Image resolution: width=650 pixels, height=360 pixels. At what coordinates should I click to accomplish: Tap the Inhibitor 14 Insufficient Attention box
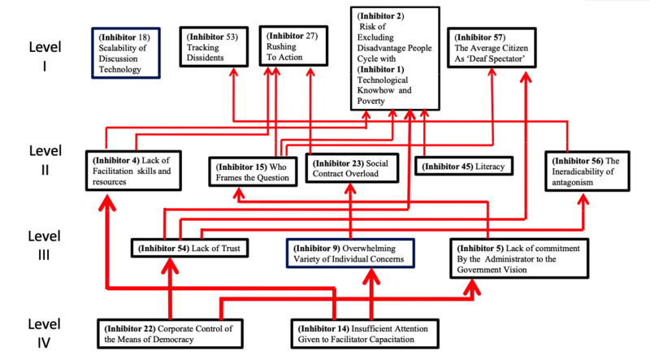point(370,332)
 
